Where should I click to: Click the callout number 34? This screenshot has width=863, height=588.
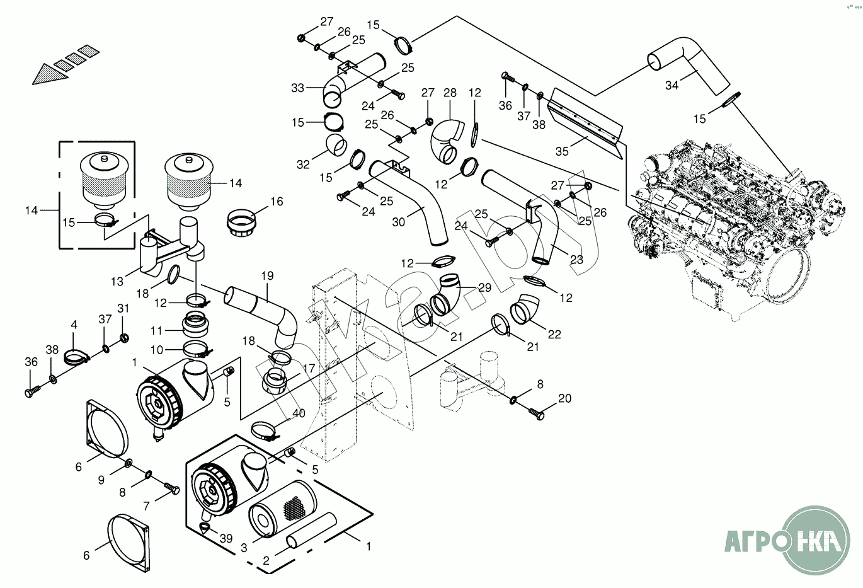(672, 85)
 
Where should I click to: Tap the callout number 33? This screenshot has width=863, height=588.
(298, 88)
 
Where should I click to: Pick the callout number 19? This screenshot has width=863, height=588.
(267, 275)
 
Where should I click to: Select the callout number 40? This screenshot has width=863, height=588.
(299, 413)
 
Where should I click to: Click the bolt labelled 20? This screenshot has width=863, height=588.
(537, 414)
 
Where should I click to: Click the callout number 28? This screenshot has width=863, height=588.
(450, 93)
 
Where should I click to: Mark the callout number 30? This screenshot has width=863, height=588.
(398, 222)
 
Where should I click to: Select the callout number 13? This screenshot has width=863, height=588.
(117, 280)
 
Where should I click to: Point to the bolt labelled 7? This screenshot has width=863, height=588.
(171, 488)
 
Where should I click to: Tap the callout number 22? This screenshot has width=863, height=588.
(554, 335)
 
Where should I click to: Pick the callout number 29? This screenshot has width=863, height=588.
(484, 287)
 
